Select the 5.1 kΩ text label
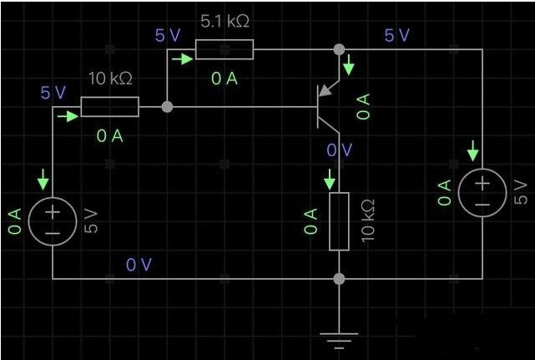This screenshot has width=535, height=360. tap(225, 22)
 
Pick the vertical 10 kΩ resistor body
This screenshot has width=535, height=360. tap(339, 221)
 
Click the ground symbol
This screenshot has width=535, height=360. tap(339, 341)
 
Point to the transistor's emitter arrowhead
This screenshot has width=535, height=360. tap(326, 90)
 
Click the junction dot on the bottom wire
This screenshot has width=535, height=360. tap(339, 279)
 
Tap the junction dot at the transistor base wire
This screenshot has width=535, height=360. tap(167, 107)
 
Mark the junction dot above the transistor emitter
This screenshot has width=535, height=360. tap(339, 49)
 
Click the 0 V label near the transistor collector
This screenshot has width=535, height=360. tap(340, 150)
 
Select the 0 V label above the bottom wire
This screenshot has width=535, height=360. tap(139, 265)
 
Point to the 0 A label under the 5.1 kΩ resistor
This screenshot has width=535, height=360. tap(225, 79)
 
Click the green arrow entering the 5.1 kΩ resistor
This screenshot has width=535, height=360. tap(183, 59)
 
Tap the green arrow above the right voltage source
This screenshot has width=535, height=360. tap(473, 150)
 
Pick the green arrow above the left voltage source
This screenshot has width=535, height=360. tap(43, 180)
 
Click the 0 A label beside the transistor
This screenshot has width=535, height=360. tap(363, 107)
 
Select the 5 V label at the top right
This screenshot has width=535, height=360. tap(396, 35)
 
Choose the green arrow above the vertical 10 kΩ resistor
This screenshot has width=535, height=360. tap(330, 180)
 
